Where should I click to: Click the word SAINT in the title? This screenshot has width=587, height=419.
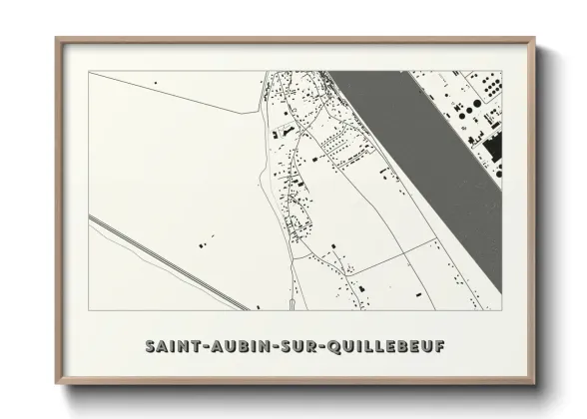point(170,346)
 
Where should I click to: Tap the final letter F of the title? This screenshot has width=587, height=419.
point(440,346)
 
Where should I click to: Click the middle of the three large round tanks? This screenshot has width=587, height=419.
point(485,81)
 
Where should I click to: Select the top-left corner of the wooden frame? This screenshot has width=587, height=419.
point(56,39)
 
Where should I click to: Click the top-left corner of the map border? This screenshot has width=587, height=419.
point(89,71)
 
